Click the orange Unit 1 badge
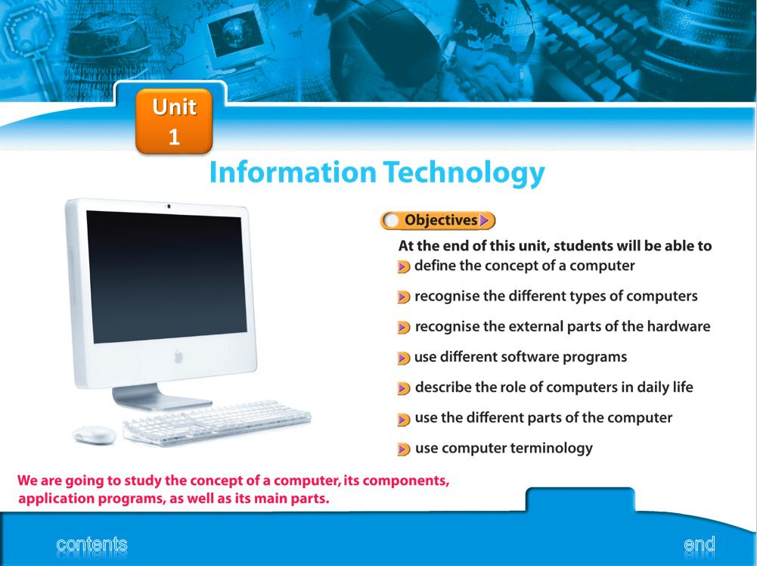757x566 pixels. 174,121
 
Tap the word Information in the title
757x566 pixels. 293,172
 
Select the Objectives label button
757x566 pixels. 438,221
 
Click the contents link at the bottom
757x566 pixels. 92,544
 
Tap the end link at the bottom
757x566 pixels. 700,545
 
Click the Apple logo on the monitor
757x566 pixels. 178,357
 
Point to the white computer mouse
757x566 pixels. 95,434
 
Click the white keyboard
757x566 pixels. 217,421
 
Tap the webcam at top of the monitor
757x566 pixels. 169,207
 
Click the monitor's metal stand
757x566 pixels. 160,397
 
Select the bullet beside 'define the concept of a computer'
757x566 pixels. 404,266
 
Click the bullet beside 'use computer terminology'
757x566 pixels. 404,449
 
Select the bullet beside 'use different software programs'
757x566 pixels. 404,358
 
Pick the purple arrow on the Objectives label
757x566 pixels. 484,221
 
